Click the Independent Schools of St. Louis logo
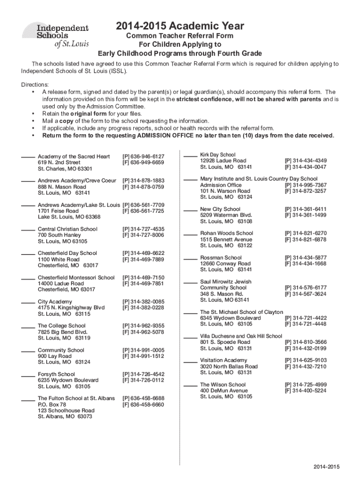pyautogui.click(x=55, y=36)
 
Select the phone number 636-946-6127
pyautogui.click(x=143, y=156)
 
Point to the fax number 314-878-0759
pyautogui.click(x=143, y=187)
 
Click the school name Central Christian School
pyautogui.click(x=67, y=229)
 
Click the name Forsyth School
pyautogui.click(x=56, y=374)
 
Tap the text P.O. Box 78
pyautogui.click(x=52, y=405)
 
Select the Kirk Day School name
pyautogui.click(x=218, y=154)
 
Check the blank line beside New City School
pyautogui.click(x=190, y=210)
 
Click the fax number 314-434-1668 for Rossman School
pyautogui.click(x=305, y=264)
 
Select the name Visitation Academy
pyautogui.click(x=223, y=360)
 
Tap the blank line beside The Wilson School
pyautogui.click(x=190, y=385)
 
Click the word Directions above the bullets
pyautogui.click(x=35, y=85)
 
